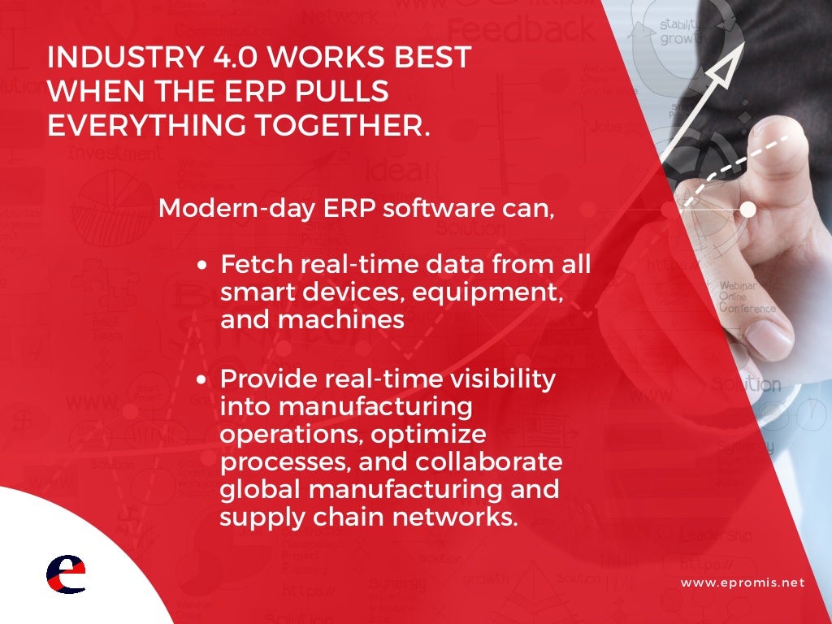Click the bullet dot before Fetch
(x=204, y=265)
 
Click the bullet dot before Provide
(x=204, y=379)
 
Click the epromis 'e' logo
(x=65, y=575)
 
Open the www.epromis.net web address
(x=742, y=583)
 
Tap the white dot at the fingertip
(x=747, y=210)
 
